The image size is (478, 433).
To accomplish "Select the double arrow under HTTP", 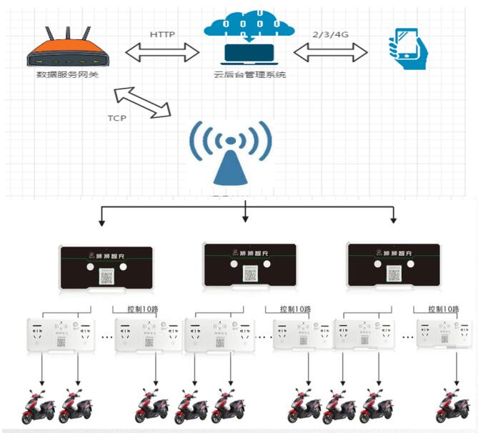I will pyautogui.click(x=162, y=52).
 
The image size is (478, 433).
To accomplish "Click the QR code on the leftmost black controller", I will pyautogui.click(x=106, y=276).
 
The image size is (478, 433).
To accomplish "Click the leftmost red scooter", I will pyautogui.click(x=40, y=407).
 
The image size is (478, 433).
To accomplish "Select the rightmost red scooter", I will pyautogui.click(x=454, y=407).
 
